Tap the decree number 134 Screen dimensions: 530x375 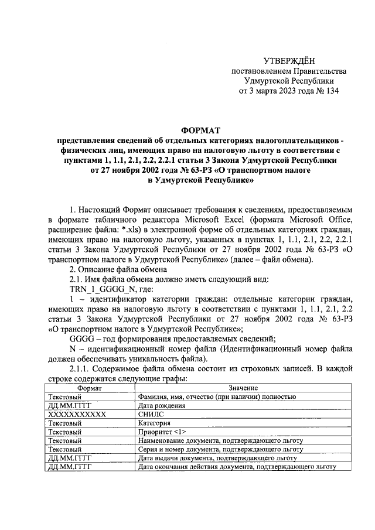pyautogui.click(x=332, y=91)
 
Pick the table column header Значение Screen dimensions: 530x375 pyautogui.click(x=236, y=388)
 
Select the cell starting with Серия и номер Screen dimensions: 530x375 pyautogui.click(x=220, y=449)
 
